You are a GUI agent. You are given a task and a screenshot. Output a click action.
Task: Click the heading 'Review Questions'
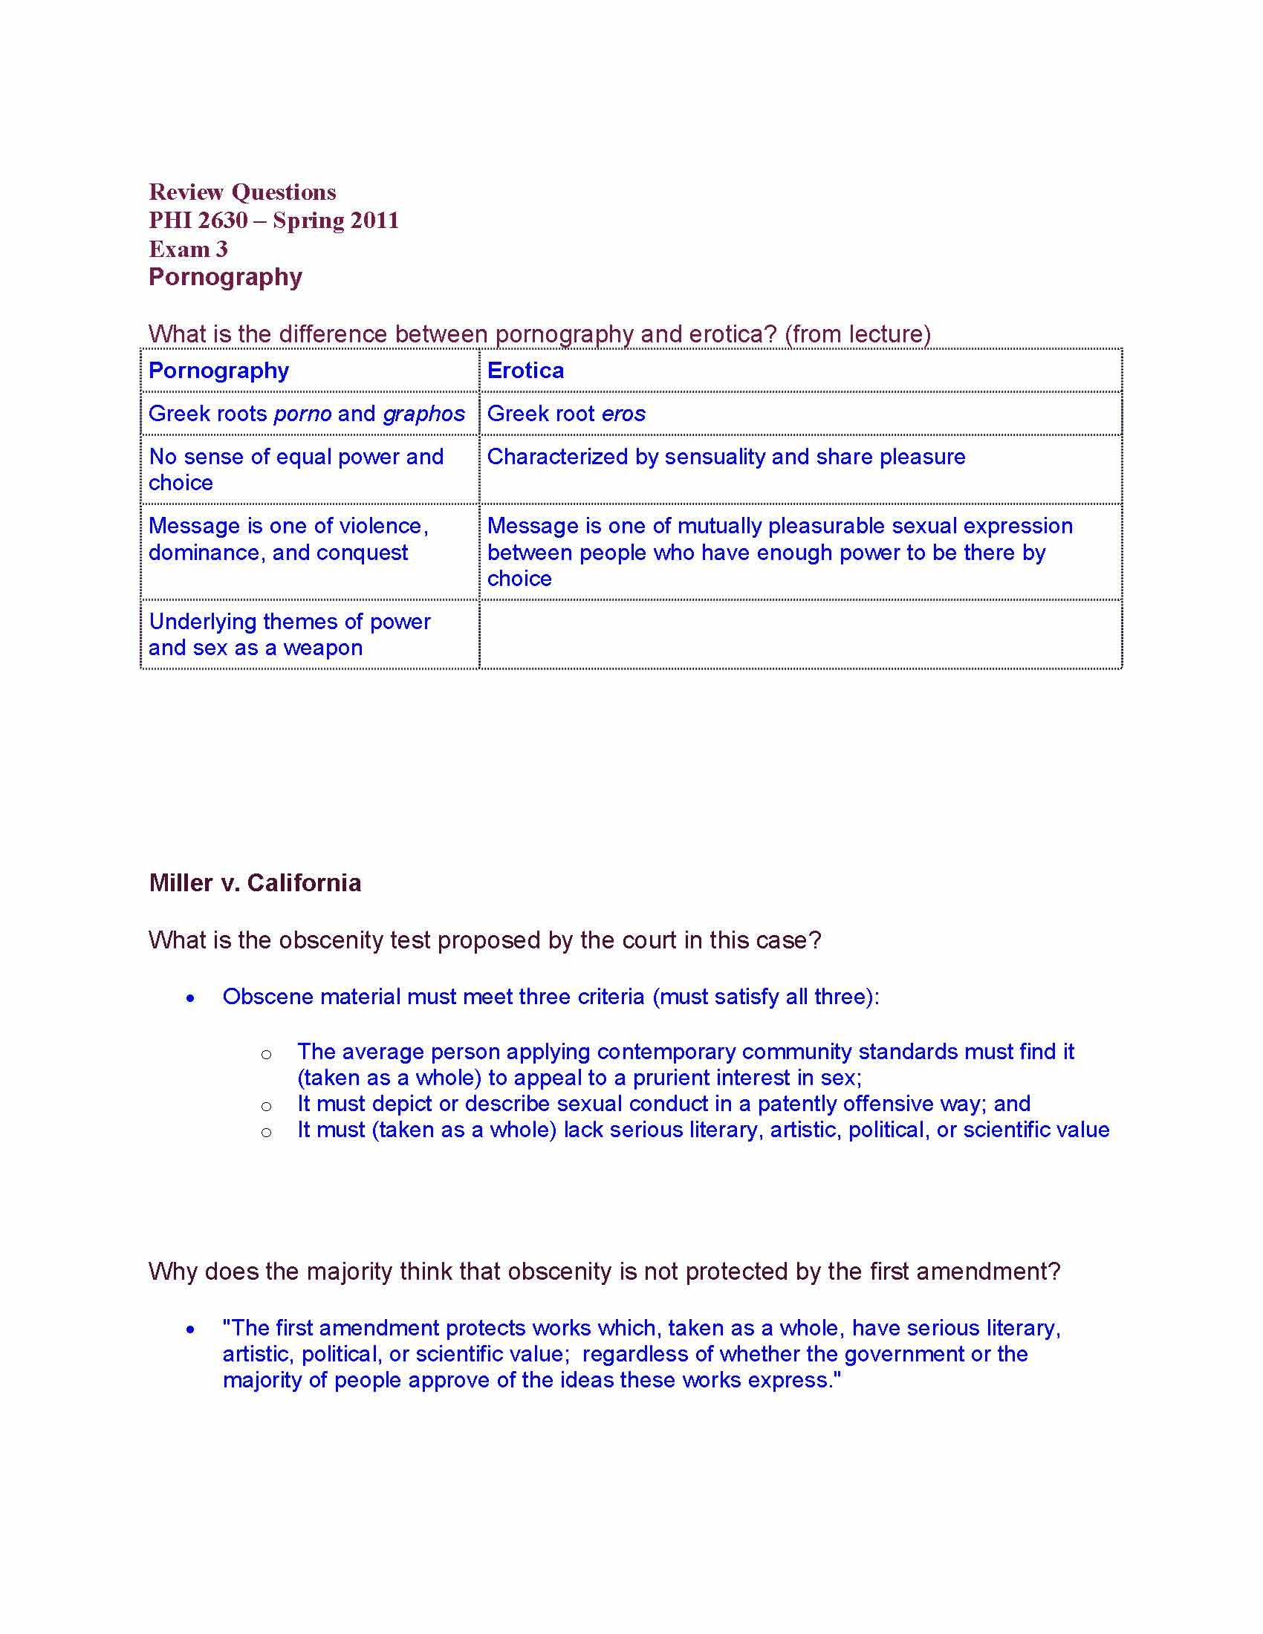pos(241,192)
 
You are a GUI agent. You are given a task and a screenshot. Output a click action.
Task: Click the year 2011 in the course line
pos(375,221)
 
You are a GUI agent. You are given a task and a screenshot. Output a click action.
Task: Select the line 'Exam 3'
pos(188,249)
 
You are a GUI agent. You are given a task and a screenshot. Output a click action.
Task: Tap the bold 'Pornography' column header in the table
pos(218,371)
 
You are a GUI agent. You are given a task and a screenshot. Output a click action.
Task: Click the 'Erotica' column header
pos(525,371)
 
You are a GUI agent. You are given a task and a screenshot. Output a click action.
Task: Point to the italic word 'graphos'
pos(423,414)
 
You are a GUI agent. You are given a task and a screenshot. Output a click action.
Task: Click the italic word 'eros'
pos(623,414)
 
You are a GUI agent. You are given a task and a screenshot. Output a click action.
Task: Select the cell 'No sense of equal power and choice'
pos(296,469)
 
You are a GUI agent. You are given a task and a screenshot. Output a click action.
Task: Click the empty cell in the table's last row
pos(800,634)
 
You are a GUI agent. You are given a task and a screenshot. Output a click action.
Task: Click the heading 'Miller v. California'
pos(254,883)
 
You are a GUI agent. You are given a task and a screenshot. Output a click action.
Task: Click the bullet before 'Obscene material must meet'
pos(191,998)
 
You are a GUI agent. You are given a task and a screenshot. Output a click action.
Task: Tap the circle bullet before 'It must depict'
pos(266,1106)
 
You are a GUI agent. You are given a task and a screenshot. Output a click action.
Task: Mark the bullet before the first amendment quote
pos(191,1329)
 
